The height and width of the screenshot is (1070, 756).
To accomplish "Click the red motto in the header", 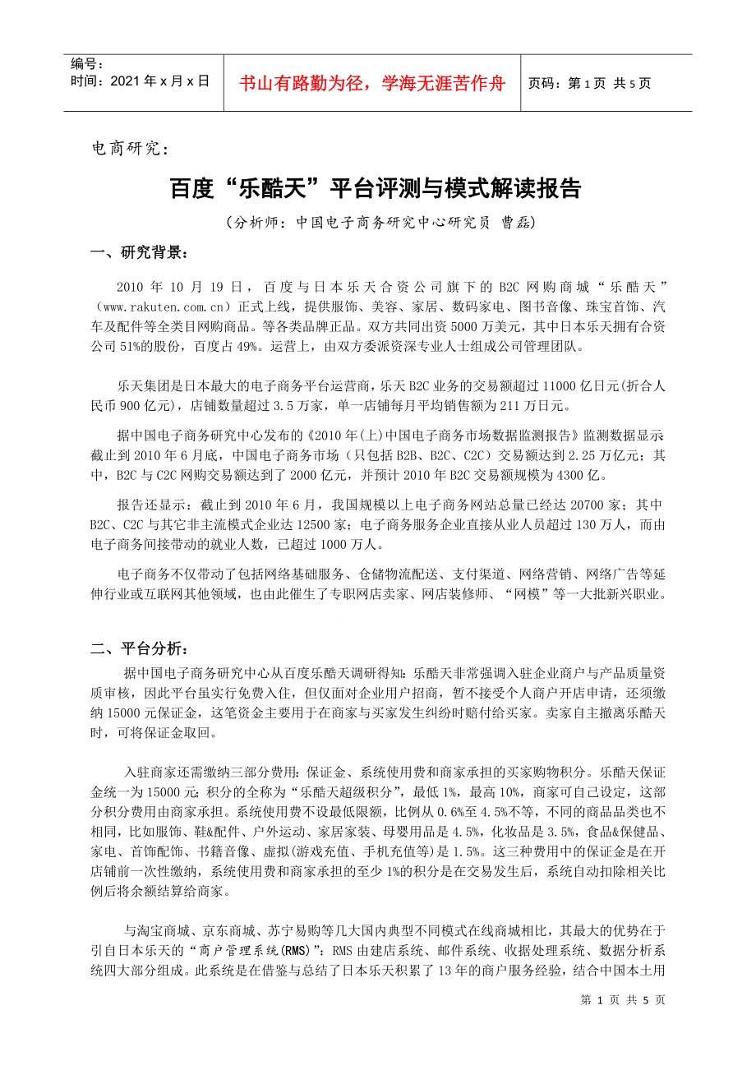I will pyautogui.click(x=372, y=83).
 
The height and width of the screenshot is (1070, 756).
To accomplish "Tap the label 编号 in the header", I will pyautogui.click(x=86, y=64).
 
